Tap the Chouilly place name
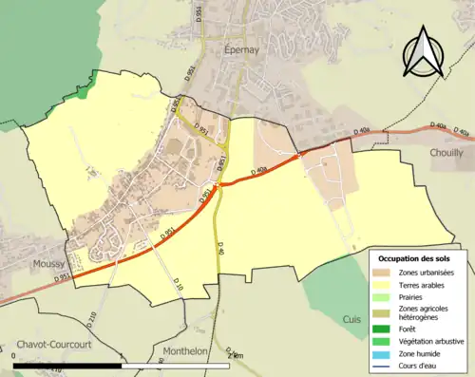pyautogui.click(x=446, y=152)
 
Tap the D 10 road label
pyautogui.click(x=177, y=283)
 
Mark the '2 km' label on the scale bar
pyautogui.click(x=236, y=355)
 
